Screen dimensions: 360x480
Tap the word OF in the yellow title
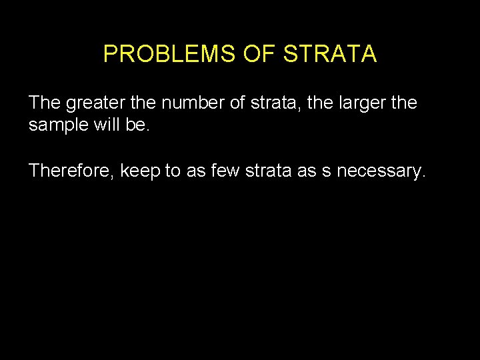click(x=259, y=54)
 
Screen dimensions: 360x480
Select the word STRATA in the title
click(x=330, y=54)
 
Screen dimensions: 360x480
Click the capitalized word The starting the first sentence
click(x=45, y=103)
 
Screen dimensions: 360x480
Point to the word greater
click(x=93, y=103)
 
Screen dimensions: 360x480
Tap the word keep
click(x=141, y=171)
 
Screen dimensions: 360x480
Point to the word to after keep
click(x=173, y=171)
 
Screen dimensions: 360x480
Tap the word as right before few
click(x=197, y=172)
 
